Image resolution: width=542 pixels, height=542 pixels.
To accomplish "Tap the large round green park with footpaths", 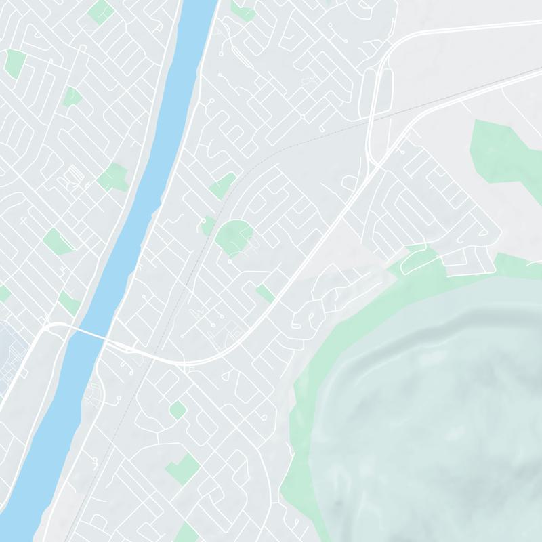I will point(234,236).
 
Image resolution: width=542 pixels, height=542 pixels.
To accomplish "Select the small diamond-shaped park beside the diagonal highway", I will point(265,293).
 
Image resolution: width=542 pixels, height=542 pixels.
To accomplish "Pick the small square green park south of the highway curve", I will point(178,410).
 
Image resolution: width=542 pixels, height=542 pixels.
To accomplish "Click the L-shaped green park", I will point(182,468).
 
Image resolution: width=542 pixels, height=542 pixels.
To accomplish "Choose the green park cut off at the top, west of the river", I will point(100,10).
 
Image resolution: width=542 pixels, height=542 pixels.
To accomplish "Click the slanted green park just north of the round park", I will point(222,184).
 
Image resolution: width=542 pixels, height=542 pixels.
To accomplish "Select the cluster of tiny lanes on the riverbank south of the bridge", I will point(93,393).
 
